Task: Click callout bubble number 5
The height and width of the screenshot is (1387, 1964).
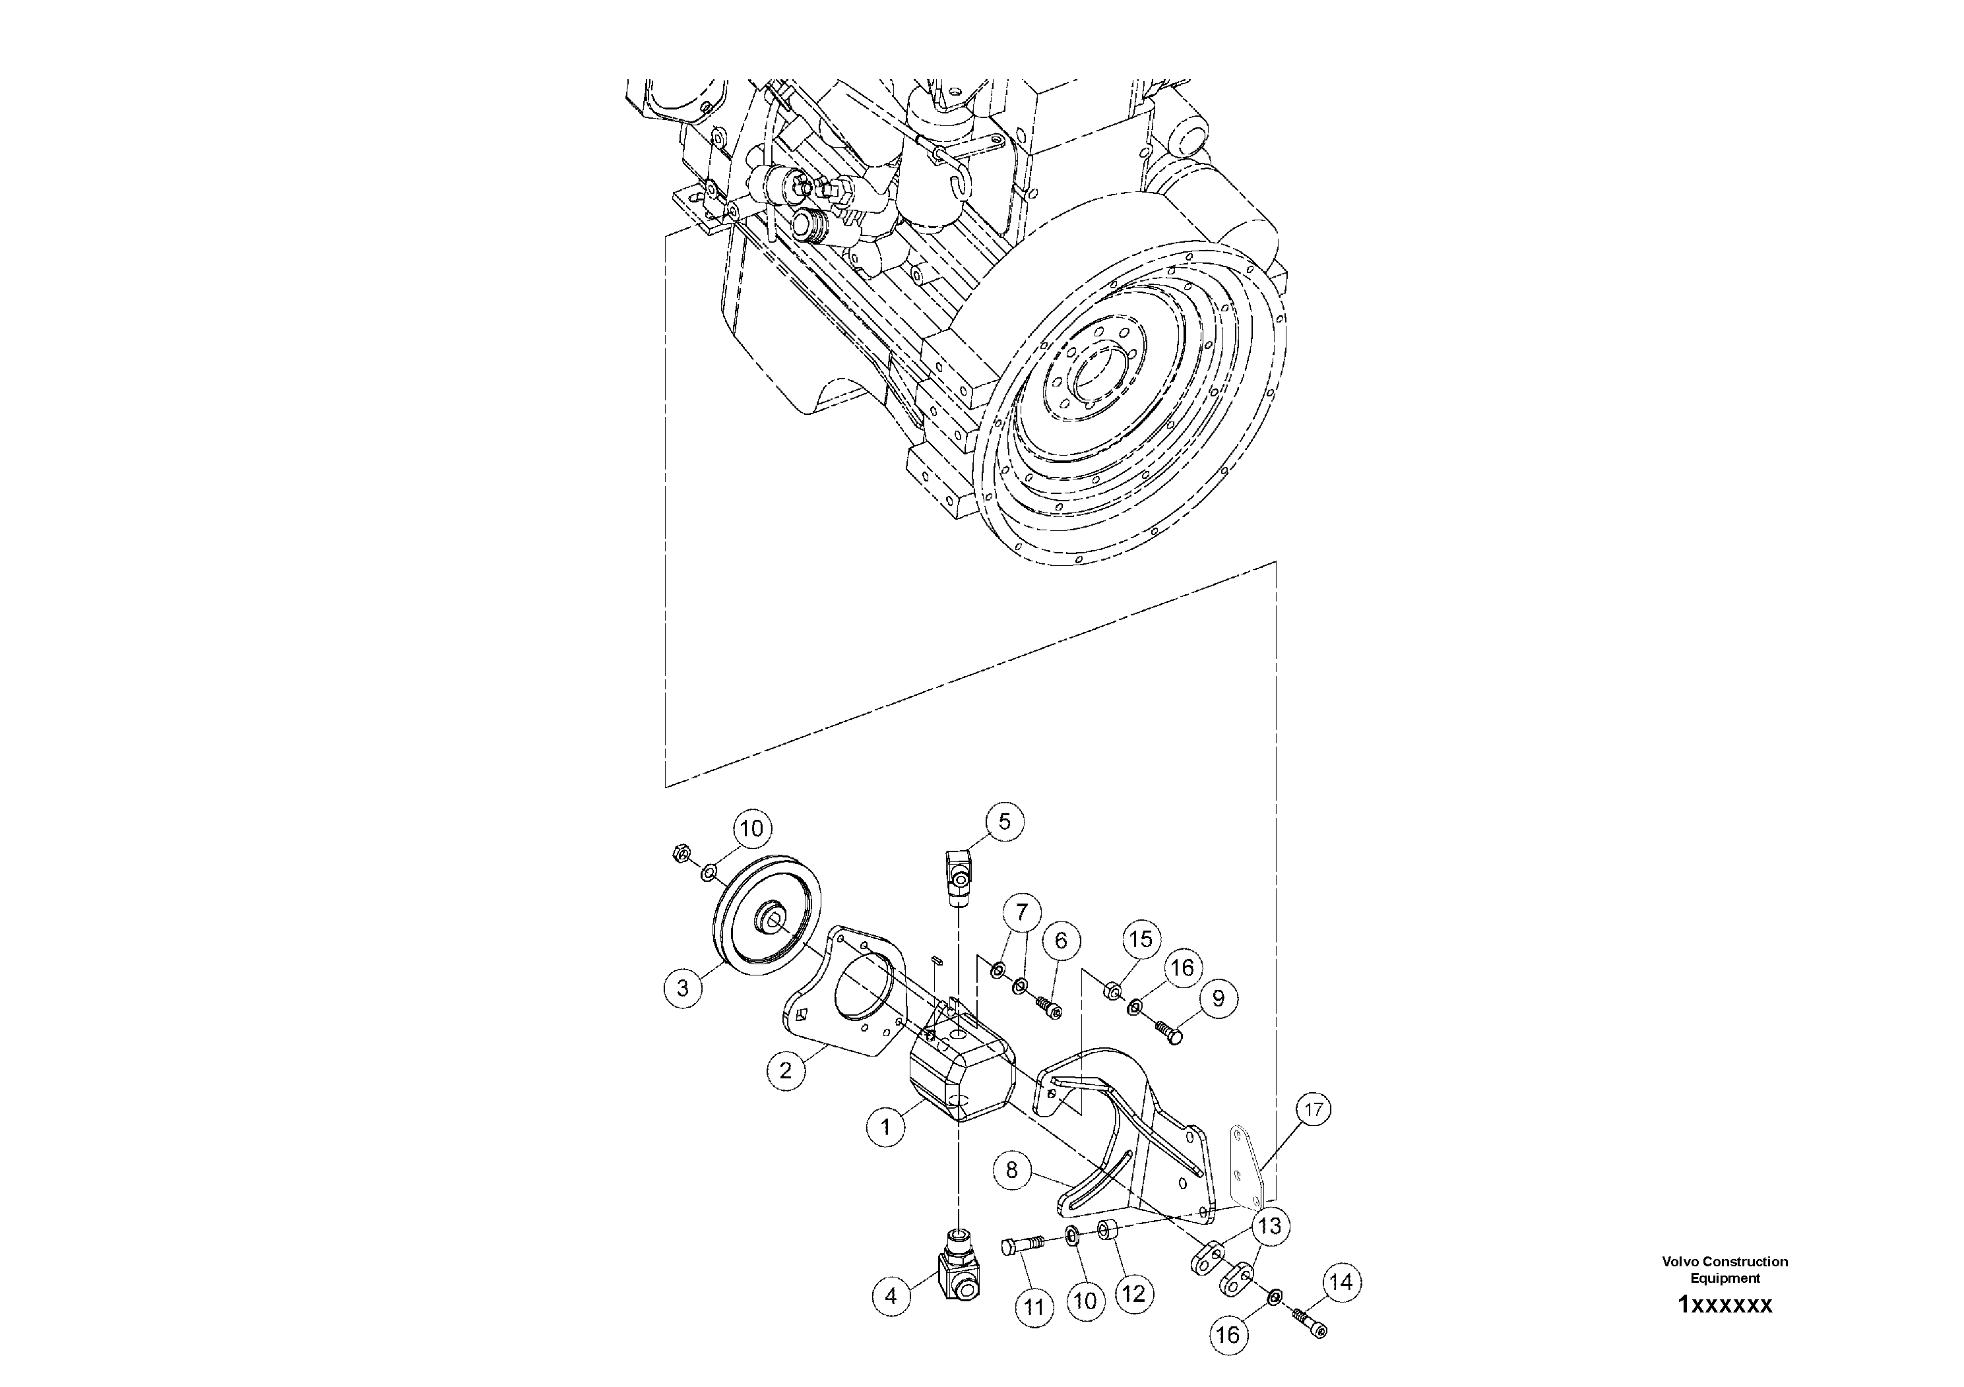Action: click(1004, 822)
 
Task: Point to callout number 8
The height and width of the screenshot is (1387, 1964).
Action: click(1012, 1169)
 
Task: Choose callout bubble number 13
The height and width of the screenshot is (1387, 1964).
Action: click(1269, 1226)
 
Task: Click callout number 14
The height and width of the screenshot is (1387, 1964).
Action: click(1341, 1282)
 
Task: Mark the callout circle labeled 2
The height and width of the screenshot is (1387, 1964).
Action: click(785, 1070)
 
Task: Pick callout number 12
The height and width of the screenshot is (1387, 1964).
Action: click(1133, 1294)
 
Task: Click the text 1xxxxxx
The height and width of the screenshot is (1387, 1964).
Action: click(1725, 1305)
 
